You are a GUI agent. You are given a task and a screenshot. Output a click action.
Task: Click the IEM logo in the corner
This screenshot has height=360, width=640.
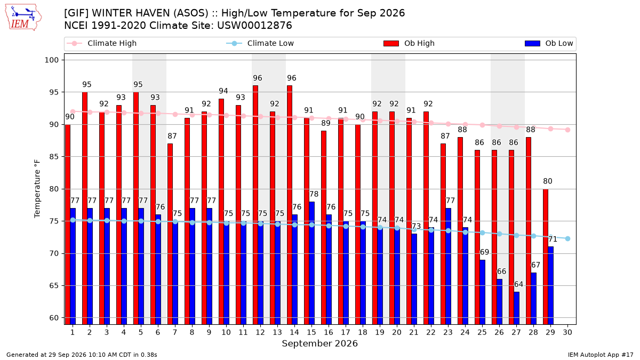click(23, 18)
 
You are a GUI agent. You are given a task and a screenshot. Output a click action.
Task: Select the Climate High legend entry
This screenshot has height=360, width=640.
click(101, 43)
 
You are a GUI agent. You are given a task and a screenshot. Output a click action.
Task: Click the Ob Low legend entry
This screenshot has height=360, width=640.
click(549, 43)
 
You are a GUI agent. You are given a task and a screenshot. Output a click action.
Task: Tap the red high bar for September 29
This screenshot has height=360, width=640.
click(546, 257)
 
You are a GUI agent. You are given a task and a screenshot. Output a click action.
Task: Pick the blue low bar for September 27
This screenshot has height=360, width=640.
click(517, 308)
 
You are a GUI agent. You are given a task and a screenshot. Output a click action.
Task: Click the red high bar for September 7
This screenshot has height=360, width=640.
click(170, 234)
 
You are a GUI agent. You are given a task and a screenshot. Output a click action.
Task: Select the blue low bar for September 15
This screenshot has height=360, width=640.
click(311, 263)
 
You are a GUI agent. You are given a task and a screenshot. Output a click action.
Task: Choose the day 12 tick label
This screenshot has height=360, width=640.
click(260, 332)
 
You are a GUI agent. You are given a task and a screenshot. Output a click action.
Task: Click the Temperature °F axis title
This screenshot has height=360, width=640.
click(37, 189)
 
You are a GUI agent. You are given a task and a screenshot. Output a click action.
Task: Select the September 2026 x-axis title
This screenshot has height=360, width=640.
click(319, 343)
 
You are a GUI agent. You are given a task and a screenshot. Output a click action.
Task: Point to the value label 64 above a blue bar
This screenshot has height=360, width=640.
click(518, 285)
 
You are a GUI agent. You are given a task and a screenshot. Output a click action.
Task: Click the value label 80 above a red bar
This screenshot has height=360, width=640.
click(548, 181)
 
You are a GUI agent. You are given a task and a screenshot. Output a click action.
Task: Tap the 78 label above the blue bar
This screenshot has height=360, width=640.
click(314, 194)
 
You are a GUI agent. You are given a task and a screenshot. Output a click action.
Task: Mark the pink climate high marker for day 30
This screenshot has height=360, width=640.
click(567, 130)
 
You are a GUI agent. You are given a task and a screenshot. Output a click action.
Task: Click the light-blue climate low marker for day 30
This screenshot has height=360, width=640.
click(567, 239)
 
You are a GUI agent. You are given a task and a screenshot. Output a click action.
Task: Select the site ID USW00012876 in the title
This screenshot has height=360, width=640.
click(254, 26)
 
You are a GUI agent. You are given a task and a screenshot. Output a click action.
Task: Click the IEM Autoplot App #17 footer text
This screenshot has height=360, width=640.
click(601, 355)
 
